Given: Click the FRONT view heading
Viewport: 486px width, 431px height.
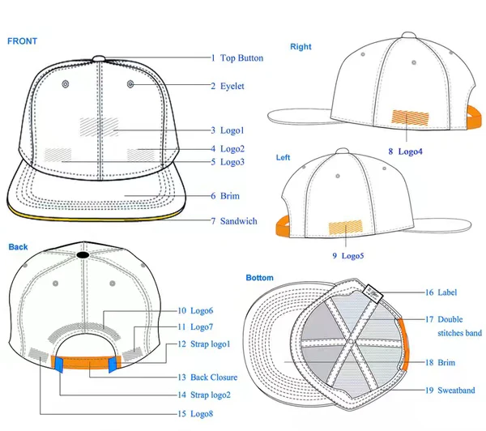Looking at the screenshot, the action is pyautogui.click(x=22, y=41).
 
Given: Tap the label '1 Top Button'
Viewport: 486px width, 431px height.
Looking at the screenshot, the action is pyautogui.click(x=234, y=58).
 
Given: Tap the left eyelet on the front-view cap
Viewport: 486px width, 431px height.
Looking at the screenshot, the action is pyautogui.click(x=66, y=84).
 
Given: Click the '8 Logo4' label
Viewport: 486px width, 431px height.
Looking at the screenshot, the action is pyautogui.click(x=406, y=151).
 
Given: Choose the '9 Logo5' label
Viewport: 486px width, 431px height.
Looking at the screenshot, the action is pyautogui.click(x=347, y=256).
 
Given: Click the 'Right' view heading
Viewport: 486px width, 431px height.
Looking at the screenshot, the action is pyautogui.click(x=300, y=47).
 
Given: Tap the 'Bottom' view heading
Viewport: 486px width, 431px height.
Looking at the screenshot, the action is pyautogui.click(x=259, y=278).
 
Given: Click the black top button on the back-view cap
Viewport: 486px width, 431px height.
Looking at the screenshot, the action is pyautogui.click(x=83, y=255).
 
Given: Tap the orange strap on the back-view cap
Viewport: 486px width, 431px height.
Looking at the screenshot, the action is pyautogui.click(x=84, y=363).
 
